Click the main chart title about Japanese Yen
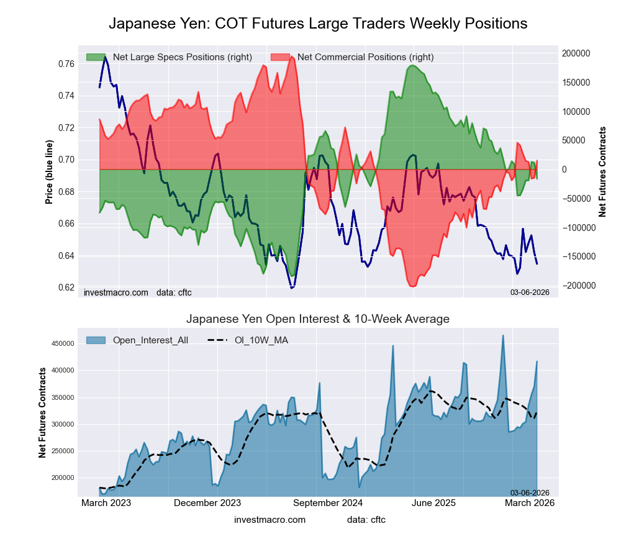point(318,24)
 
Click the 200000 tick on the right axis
point(577,53)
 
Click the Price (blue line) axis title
point(50,172)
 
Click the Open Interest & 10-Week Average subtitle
point(318,319)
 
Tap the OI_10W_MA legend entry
point(261,340)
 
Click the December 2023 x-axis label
point(207,503)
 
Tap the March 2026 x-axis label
point(530,503)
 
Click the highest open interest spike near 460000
point(503,335)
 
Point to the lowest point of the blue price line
point(291,287)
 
